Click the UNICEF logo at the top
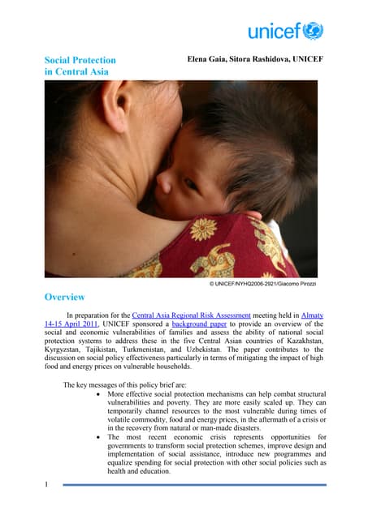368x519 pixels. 285,31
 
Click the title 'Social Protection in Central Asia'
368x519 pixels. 80,66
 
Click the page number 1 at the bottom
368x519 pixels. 48,483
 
